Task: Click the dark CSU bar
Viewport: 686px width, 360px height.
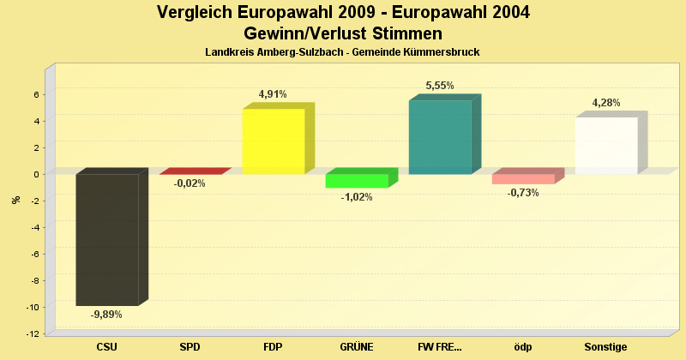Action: coord(107,239)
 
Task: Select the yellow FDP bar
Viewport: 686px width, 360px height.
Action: coord(274,141)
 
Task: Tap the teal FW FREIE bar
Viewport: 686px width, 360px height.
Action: coord(440,137)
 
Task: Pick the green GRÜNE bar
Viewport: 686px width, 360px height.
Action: coord(357,181)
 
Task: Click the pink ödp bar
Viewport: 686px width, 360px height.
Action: coord(523,179)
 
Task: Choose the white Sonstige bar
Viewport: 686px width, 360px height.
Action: coord(606,146)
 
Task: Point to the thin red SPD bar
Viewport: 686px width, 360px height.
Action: coord(190,171)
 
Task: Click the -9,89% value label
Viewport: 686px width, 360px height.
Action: coord(106,315)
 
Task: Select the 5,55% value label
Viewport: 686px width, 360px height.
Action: coord(440,86)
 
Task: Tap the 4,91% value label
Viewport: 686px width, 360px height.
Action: coord(273,94)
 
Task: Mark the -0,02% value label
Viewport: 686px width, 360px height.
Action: coord(190,183)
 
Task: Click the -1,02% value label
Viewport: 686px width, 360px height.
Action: coord(356,197)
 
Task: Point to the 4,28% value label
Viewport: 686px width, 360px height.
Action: coord(606,103)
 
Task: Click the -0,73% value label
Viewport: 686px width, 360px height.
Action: coord(523,193)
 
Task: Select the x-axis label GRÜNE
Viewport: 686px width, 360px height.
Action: coord(356,347)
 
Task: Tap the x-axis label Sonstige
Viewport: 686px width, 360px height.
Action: coord(606,347)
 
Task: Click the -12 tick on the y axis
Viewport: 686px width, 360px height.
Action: coord(33,333)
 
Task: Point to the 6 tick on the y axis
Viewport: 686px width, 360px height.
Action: coord(36,94)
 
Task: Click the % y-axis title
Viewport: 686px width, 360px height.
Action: coord(15,200)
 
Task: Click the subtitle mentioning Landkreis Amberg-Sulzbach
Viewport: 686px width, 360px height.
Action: coord(342,52)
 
